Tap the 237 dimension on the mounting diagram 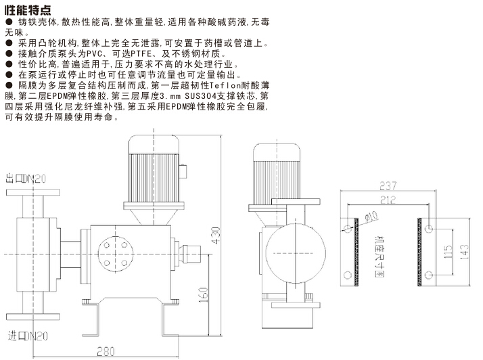(x=388, y=186)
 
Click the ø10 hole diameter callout (x=371, y=218)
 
